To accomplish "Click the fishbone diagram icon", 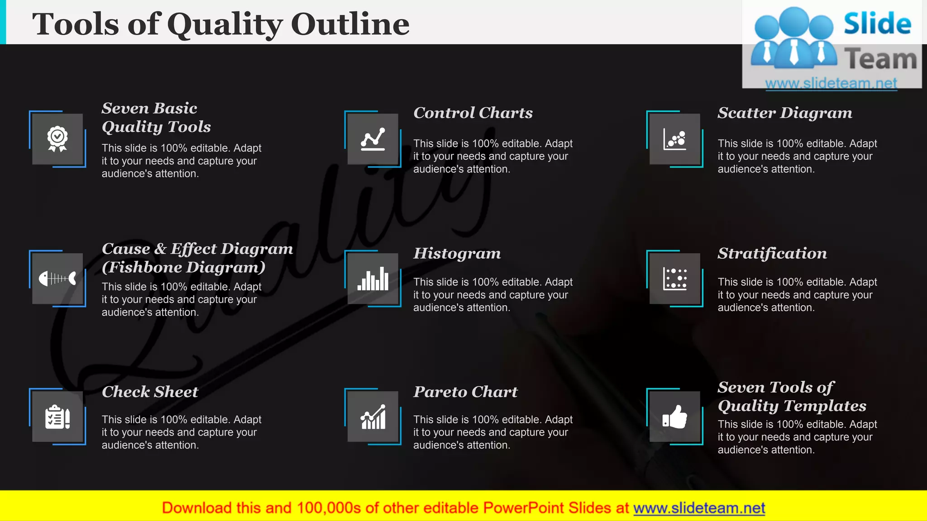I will [57, 278].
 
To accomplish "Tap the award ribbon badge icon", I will [57, 139].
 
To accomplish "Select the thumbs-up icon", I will [674, 417].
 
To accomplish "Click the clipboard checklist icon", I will [57, 417].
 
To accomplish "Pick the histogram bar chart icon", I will [373, 278].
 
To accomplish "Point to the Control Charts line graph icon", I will [373, 139].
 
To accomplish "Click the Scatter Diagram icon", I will [674, 139].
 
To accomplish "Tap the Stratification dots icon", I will [674, 278].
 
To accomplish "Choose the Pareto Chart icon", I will [373, 417].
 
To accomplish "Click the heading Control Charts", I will [473, 113].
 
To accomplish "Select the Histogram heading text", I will [457, 253].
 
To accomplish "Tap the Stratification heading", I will [772, 253].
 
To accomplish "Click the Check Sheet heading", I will [150, 392].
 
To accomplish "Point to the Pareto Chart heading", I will [465, 392].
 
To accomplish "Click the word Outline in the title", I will [350, 24].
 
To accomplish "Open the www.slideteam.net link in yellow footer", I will [699, 508].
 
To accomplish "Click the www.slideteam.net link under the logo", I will [831, 83].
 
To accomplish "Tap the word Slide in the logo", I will [877, 24].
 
